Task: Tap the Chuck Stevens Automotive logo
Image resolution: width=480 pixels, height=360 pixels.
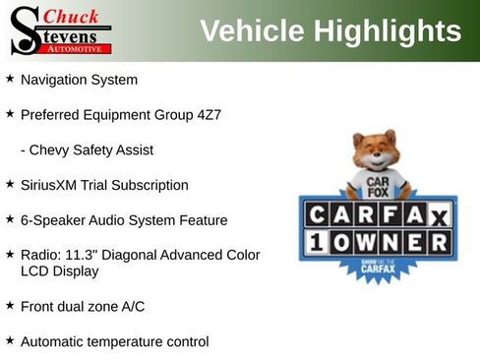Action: coord(60,30)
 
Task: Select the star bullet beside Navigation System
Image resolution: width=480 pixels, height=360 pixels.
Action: coord(10,78)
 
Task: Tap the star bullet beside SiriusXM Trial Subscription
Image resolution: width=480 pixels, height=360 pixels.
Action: coord(10,184)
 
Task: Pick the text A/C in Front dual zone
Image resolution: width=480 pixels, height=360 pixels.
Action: coord(132,306)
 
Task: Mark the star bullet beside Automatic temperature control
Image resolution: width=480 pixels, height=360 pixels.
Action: coord(10,340)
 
